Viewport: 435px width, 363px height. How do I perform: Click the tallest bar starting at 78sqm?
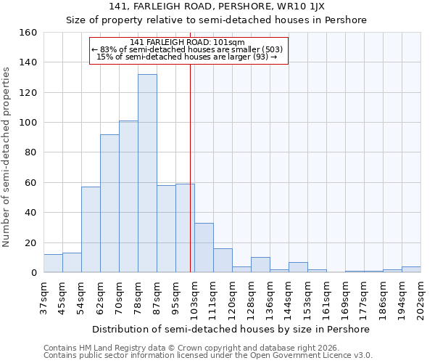coord(147,174)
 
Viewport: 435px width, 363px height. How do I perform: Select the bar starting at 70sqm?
coord(128,197)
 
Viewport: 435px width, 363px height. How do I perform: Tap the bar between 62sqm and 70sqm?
coord(109,203)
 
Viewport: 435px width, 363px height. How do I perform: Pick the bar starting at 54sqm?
coord(91,229)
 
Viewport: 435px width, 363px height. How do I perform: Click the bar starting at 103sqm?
coord(204,248)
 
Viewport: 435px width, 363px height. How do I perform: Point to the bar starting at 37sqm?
coord(53,264)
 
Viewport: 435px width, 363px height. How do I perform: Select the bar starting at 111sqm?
coord(223,261)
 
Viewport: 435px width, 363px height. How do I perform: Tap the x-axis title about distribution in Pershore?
coord(231,329)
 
